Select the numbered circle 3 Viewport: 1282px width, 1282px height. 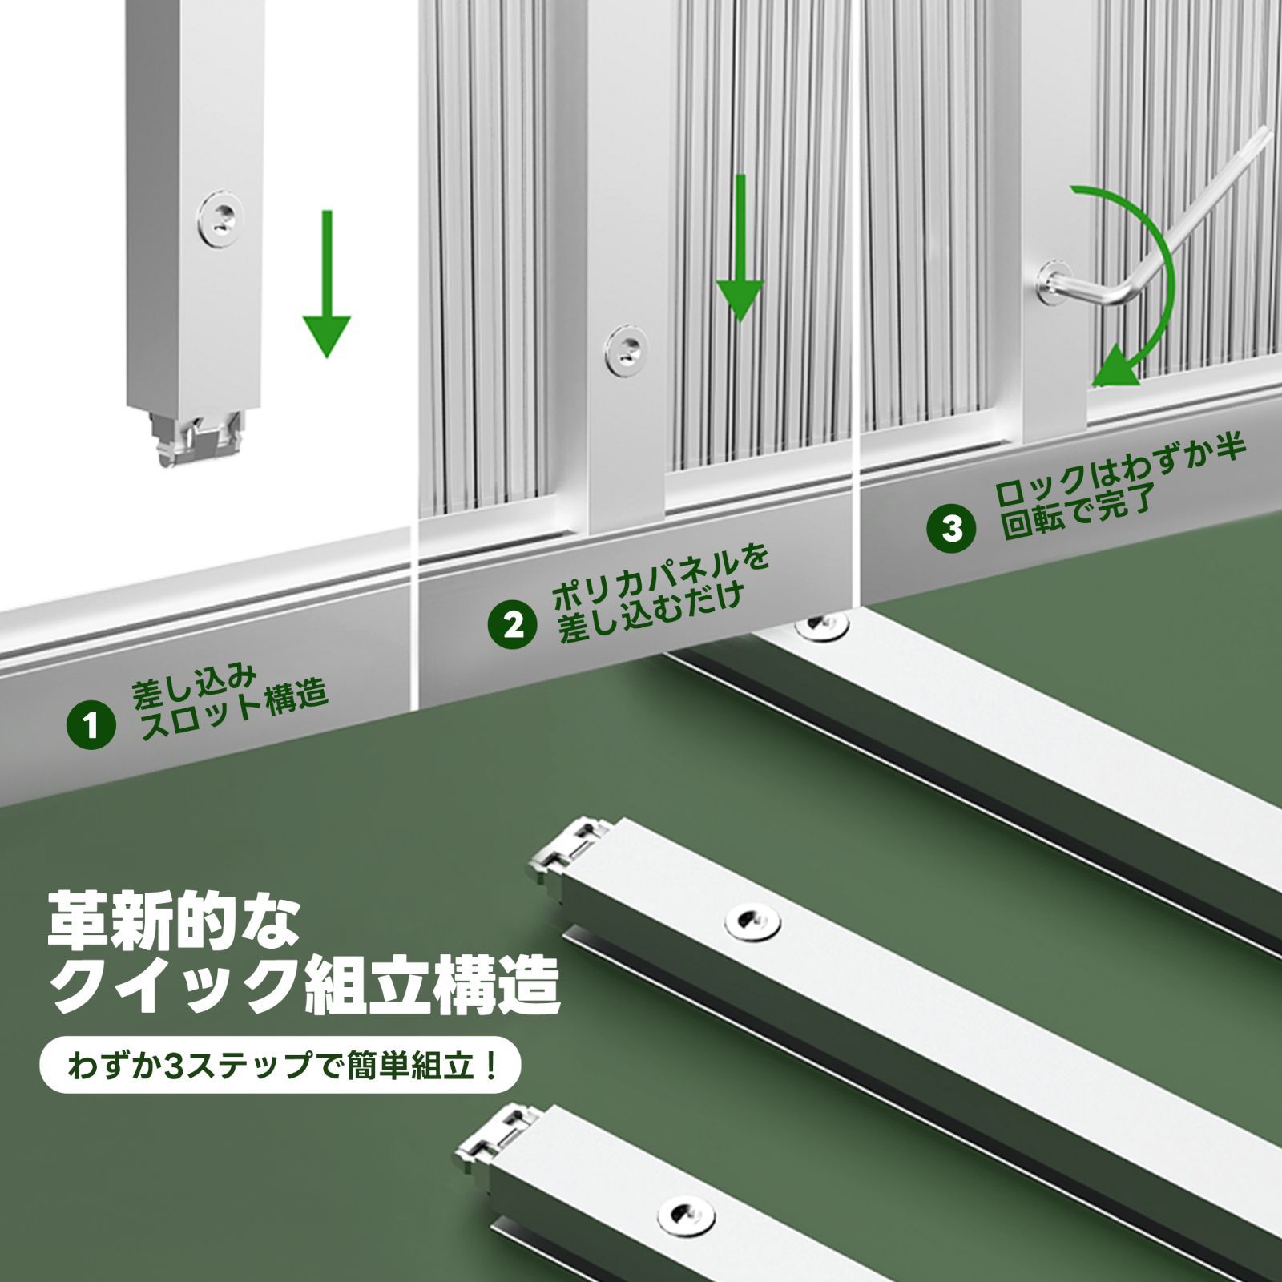[952, 528]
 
